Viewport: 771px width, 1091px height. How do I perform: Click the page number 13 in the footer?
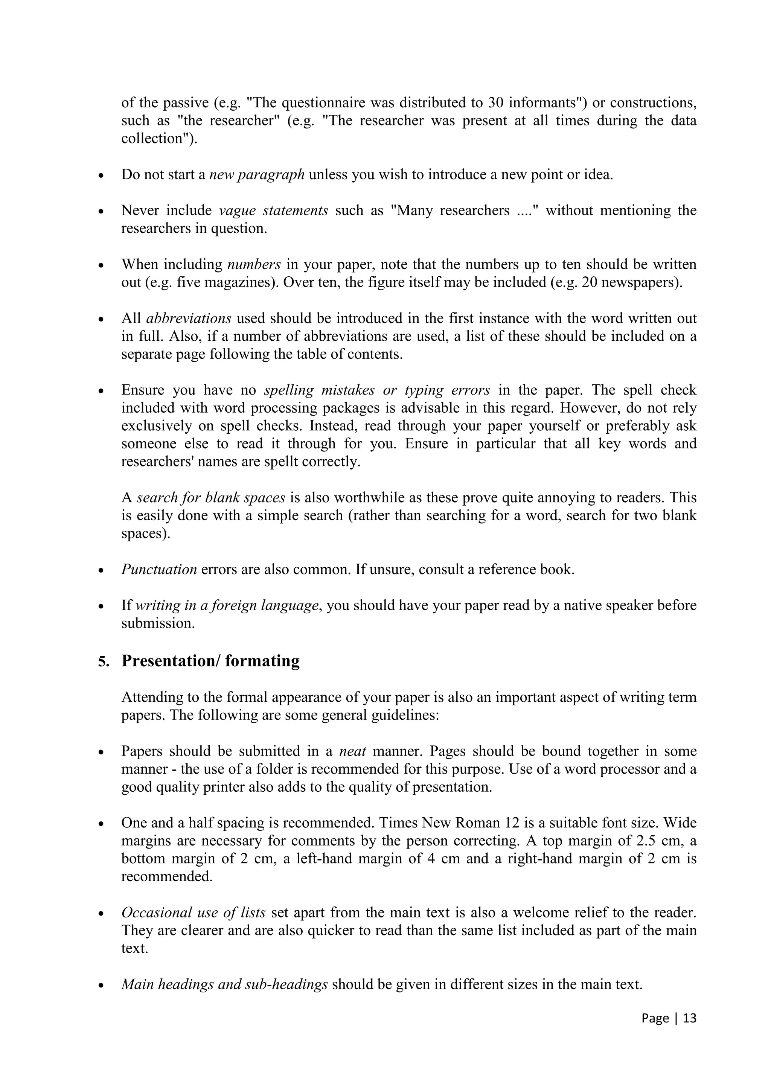(x=689, y=1018)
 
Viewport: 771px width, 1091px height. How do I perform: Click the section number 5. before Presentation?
(x=104, y=661)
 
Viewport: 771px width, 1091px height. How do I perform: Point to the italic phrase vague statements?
(x=273, y=210)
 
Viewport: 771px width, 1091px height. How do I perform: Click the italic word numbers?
(x=254, y=264)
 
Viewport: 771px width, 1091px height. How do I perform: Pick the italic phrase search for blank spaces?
(x=210, y=498)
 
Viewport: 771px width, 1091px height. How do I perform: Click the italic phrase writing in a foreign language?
(x=227, y=605)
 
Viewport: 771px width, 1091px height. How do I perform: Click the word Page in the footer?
(x=655, y=1018)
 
